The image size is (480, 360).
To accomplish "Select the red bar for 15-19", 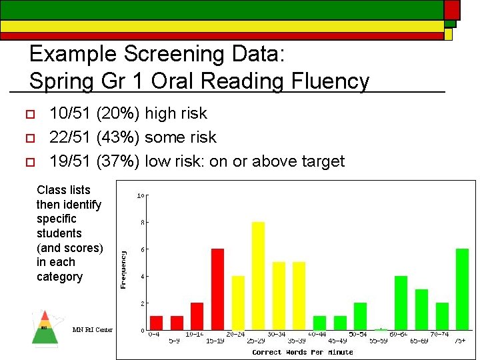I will coord(217,289).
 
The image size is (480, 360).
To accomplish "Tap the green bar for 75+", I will coord(462,289).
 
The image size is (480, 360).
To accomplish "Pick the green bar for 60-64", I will coord(401,302).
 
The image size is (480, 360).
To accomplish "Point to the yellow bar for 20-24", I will coord(238,302).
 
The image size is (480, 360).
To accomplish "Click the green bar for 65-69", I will coord(421,309).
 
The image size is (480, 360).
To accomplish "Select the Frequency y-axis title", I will coord(123,269).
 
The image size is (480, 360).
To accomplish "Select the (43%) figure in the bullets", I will coord(118,137).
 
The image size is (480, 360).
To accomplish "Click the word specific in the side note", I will coord(57,219).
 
